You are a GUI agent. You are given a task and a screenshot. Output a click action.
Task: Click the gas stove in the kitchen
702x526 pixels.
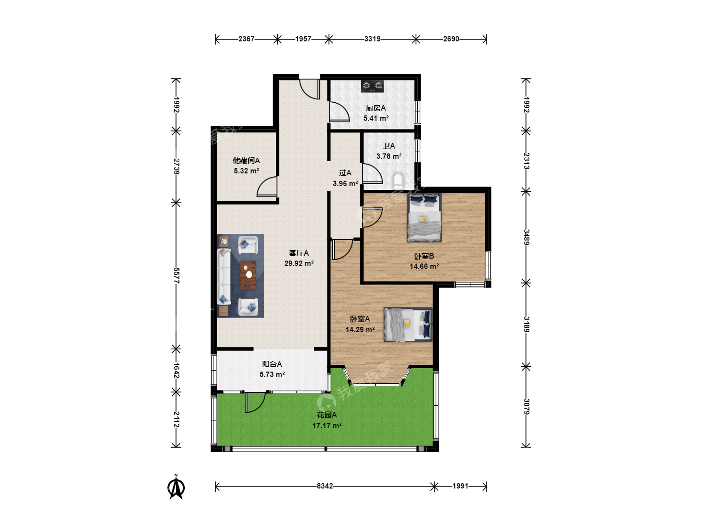372,86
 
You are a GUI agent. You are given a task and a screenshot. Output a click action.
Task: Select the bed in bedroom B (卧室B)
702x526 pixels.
424,218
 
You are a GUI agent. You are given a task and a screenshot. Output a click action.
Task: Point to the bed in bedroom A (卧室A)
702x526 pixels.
408,325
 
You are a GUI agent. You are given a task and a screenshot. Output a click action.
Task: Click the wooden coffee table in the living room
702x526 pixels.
248,275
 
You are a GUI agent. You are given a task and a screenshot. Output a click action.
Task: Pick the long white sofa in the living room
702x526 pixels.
224,277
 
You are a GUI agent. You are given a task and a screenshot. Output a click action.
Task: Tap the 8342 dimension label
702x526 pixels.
325,486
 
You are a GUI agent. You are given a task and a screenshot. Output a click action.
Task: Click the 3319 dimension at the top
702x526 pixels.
372,39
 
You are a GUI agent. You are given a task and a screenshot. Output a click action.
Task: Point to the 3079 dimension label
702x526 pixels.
526,407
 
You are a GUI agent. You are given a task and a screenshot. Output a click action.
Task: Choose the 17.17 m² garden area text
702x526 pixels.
327,425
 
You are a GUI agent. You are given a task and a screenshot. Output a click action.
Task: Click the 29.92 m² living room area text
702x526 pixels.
299,263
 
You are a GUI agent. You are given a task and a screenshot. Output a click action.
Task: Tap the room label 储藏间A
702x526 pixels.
246,161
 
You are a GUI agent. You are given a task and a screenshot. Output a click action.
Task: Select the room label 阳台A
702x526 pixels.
272,364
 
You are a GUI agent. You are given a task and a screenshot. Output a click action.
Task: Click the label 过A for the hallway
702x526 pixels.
345,173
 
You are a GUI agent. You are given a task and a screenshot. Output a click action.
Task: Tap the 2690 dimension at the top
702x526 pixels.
451,39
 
